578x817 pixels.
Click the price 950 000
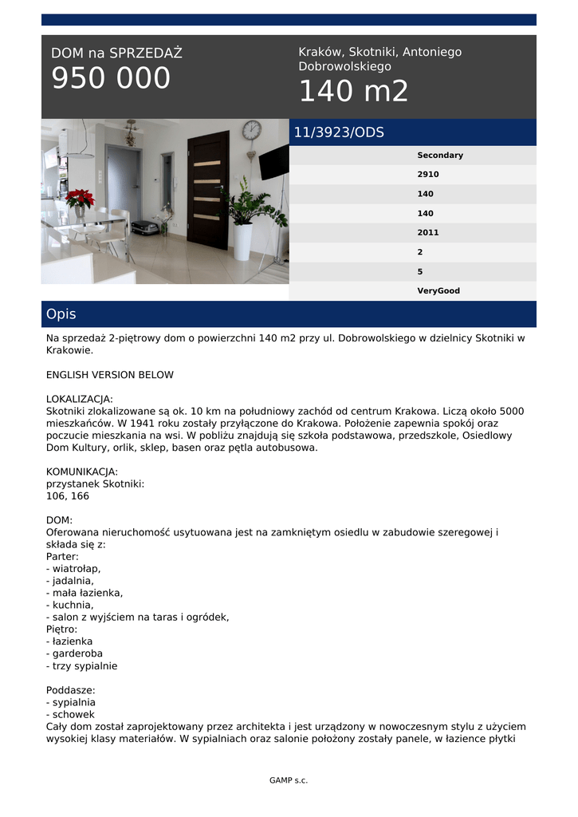coord(111,78)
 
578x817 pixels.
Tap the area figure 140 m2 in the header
coord(353,92)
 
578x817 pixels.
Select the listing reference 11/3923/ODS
coord(339,132)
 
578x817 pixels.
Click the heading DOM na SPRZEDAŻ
coord(116,53)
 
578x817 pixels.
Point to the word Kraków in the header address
coord(320,52)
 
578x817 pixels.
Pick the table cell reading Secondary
coord(439,156)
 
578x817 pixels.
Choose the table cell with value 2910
coord(428,175)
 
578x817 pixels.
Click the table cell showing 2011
coord(428,233)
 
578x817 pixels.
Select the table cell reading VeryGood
coord(438,291)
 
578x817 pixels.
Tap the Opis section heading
coord(61,314)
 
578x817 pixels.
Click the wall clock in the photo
coord(252,130)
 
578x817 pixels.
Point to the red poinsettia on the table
coord(79,199)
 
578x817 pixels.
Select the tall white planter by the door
coord(242,241)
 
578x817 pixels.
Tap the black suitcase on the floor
coord(144,227)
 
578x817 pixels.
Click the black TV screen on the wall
coord(274,163)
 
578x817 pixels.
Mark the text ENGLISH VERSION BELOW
coord(110,375)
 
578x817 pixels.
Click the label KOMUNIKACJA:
coord(82,472)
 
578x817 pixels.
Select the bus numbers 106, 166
coord(68,496)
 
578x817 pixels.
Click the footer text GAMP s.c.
coord(289,780)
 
